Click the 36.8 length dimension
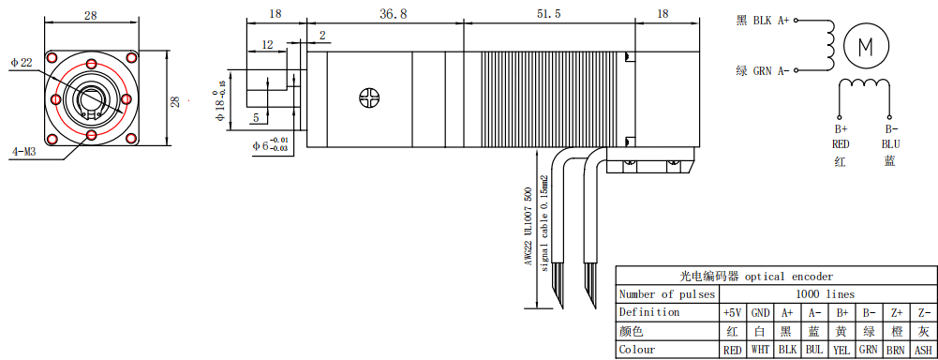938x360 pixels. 393,14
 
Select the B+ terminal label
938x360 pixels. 841,129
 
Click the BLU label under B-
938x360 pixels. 890,144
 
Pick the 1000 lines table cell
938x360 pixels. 826,294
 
